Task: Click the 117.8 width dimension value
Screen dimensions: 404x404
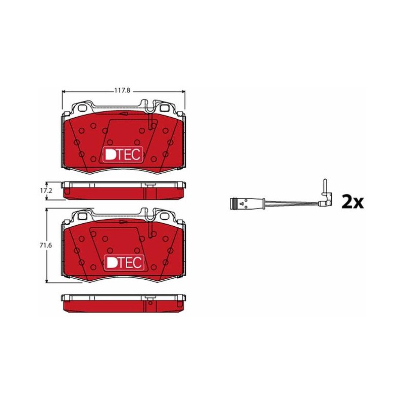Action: [122, 91]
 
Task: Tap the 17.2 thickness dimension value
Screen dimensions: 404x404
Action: [46, 191]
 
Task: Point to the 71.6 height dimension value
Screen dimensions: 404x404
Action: [45, 245]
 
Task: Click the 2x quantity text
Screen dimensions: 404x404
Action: [352, 202]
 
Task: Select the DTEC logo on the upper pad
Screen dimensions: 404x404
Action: [123, 155]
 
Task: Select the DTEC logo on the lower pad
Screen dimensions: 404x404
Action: [124, 263]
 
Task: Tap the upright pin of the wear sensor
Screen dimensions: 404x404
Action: [325, 185]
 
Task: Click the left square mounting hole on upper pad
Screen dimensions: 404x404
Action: [82, 108]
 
